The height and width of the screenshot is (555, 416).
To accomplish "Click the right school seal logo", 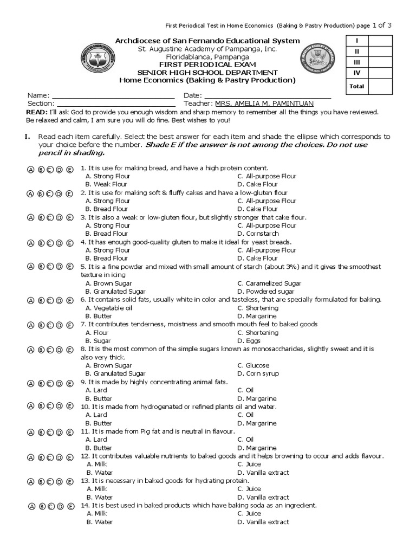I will click(x=317, y=63).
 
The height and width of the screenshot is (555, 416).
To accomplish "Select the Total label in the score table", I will click(x=357, y=86).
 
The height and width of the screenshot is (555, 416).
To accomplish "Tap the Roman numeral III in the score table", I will click(x=357, y=63).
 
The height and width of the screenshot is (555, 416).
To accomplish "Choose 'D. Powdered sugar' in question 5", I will click(x=262, y=292).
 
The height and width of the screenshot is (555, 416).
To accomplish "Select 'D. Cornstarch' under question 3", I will click(x=258, y=234).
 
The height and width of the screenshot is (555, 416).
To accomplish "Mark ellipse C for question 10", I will click(x=50, y=406).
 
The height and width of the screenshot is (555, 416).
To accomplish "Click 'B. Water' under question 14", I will click(x=99, y=522).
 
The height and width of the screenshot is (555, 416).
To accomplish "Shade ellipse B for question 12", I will click(x=41, y=457).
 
